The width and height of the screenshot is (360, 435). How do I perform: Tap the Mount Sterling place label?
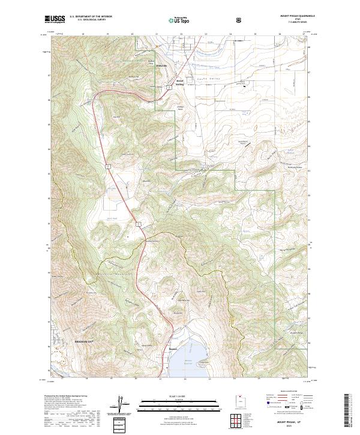[x=179, y=83]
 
